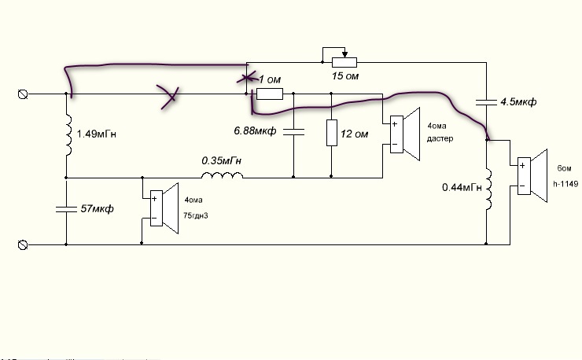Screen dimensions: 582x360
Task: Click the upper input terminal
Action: tap(23, 94)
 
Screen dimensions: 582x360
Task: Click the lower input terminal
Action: tap(23, 245)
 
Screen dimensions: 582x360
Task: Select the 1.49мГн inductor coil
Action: tap(68, 134)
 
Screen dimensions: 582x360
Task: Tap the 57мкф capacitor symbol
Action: tap(66, 210)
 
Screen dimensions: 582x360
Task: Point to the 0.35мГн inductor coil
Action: tap(223, 175)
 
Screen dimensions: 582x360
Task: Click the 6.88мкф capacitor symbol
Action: tap(293, 132)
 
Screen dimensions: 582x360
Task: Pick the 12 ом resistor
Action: tap(331, 133)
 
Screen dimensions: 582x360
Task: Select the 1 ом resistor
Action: tap(270, 94)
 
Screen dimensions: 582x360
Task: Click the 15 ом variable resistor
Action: tap(344, 62)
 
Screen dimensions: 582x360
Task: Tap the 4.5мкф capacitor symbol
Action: tap(486, 102)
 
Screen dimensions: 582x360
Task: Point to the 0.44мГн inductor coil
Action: tap(488, 189)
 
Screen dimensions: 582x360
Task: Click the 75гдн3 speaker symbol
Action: tap(164, 208)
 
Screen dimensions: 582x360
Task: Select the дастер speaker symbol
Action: tap(405, 134)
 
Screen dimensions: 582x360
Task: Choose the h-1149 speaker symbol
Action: tap(532, 176)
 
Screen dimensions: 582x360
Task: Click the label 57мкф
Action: tap(97, 208)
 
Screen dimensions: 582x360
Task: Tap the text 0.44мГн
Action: tap(462, 187)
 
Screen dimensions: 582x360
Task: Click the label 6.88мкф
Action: tap(255, 130)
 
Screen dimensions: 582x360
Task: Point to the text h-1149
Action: tap(565, 184)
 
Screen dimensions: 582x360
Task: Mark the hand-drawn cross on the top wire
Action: tap(169, 97)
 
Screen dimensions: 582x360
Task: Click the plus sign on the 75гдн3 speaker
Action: tap(154, 199)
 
